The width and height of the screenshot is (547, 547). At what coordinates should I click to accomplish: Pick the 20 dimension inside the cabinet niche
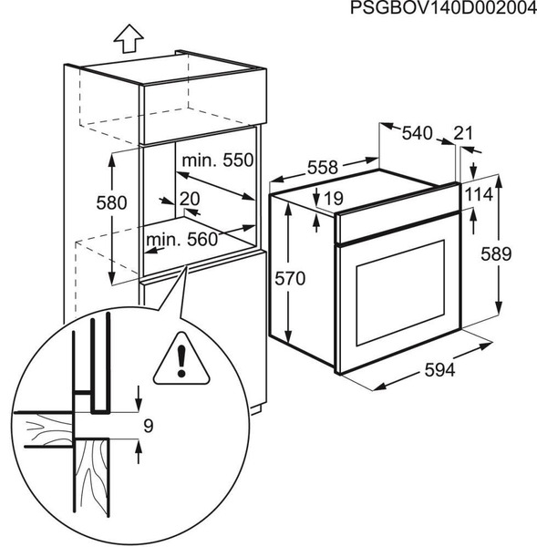click(x=190, y=199)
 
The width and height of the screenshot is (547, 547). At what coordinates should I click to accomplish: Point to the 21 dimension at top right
click(x=463, y=134)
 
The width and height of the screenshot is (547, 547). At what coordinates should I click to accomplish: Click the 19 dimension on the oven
click(x=332, y=198)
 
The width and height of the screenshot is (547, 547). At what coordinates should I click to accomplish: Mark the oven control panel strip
click(x=396, y=214)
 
